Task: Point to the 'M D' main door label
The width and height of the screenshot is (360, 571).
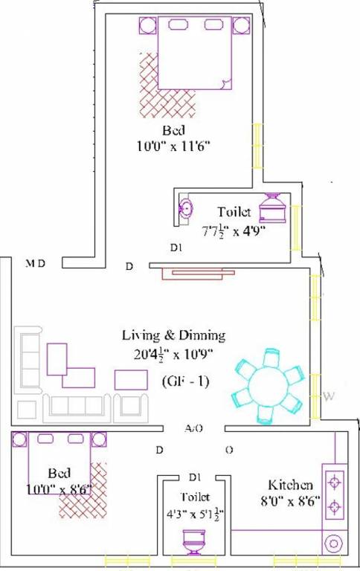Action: coord(36,263)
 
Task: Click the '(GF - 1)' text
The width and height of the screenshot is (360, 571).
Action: coord(185,381)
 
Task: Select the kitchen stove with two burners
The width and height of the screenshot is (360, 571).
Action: coord(334,494)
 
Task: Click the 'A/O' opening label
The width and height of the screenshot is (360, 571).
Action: coord(195,429)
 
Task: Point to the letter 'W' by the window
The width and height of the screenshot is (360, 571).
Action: coord(327,396)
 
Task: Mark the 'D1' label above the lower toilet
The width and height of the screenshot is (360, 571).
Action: coord(196,477)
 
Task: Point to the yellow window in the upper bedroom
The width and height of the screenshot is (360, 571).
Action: coord(257,146)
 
